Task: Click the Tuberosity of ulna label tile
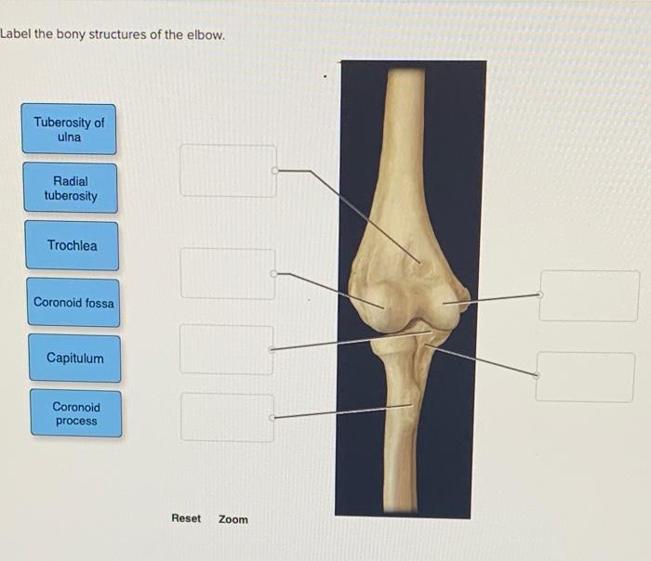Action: click(x=70, y=129)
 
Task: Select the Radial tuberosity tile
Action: click(x=71, y=189)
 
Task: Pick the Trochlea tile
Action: click(x=72, y=246)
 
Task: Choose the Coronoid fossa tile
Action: click(x=73, y=303)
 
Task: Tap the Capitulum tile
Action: click(x=75, y=359)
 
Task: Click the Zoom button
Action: click(x=233, y=519)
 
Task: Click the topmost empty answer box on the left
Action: click(x=228, y=171)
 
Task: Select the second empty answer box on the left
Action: click(x=228, y=274)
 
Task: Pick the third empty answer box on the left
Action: click(x=227, y=349)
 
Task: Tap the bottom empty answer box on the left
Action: click(x=228, y=418)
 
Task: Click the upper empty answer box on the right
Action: click(x=589, y=296)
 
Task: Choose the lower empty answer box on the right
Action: click(x=585, y=377)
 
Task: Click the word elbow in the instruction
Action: click(x=204, y=35)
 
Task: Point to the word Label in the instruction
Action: click(x=17, y=35)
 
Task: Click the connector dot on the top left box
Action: click(x=274, y=171)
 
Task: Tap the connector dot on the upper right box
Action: click(x=541, y=294)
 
